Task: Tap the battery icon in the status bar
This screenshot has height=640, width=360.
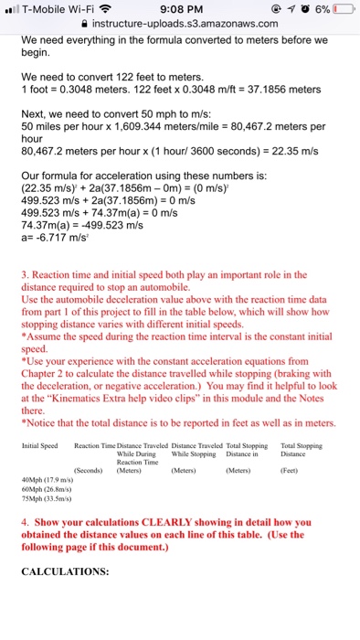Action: coord(344,10)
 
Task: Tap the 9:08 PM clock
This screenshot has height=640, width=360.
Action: coord(179,10)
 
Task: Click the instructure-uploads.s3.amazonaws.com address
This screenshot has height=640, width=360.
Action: coord(185,28)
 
